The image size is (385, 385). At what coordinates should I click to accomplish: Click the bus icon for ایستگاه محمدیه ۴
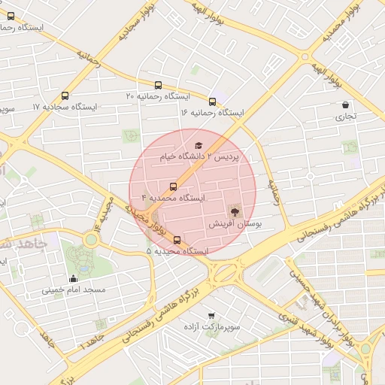(x=174, y=186)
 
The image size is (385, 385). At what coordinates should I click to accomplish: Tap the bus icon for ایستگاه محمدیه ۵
(x=177, y=240)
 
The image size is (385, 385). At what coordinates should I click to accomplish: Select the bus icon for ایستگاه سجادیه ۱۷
(x=65, y=96)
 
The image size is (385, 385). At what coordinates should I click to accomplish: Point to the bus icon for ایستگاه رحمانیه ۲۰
(x=158, y=85)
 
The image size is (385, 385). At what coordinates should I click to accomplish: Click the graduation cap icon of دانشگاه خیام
(x=199, y=145)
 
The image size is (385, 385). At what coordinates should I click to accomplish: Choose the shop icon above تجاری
(x=345, y=105)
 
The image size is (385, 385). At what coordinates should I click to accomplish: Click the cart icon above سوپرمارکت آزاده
(x=211, y=317)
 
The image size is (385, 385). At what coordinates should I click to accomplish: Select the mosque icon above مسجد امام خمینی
(x=72, y=278)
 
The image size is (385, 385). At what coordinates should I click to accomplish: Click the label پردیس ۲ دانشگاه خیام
(x=199, y=157)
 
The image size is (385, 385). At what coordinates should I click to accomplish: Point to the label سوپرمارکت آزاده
(x=211, y=329)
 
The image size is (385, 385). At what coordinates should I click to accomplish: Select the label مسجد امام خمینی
(x=74, y=290)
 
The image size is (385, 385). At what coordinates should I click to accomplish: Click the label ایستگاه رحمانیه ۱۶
(x=212, y=112)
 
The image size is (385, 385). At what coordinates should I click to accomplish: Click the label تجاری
(x=345, y=117)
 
